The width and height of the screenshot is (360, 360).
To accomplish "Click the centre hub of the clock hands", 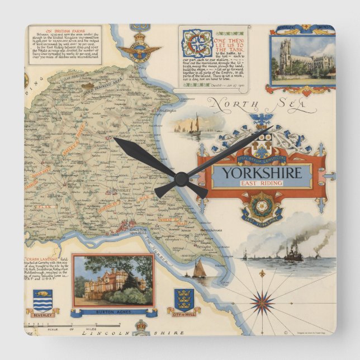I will click(x=181, y=179).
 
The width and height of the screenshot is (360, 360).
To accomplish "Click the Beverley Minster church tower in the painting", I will click(x=286, y=56).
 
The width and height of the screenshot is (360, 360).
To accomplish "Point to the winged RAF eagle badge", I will click(x=138, y=51).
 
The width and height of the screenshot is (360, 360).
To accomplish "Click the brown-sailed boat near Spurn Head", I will click(x=198, y=270).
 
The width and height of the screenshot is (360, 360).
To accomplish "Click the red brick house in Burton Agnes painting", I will click(x=106, y=286).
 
